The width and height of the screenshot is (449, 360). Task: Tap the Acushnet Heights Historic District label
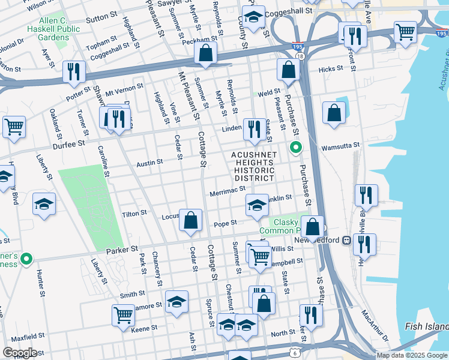[x=254, y=166]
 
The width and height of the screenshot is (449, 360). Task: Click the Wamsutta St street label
[x=340, y=145]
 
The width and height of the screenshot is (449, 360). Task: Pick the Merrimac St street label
[x=228, y=191]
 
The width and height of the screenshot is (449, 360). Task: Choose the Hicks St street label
[x=330, y=70]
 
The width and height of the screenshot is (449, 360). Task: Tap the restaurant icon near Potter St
[x=74, y=71]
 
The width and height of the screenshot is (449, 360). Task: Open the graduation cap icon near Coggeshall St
[x=253, y=19]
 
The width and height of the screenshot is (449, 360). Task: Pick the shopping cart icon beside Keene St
[x=123, y=314]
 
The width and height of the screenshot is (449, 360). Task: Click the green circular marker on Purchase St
[x=295, y=147]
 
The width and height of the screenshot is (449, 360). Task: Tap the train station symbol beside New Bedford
[x=346, y=240]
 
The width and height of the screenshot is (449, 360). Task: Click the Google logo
[x=20, y=352]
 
